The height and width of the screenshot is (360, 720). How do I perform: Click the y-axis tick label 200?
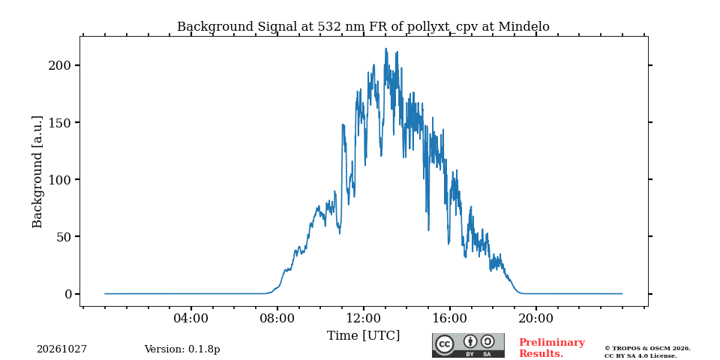(x=60, y=66)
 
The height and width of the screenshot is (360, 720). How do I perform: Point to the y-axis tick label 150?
(x=60, y=122)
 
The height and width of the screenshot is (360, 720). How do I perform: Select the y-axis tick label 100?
(x=60, y=179)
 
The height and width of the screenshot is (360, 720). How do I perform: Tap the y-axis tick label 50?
(x=64, y=237)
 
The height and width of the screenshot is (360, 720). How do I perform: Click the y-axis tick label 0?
(x=68, y=294)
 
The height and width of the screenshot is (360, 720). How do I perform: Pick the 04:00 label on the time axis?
(x=191, y=318)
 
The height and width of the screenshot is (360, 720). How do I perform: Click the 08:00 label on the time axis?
(x=277, y=318)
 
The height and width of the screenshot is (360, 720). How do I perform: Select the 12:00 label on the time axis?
(x=364, y=318)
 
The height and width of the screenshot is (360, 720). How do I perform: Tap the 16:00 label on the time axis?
(x=449, y=318)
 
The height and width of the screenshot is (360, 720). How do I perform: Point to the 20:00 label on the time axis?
(x=535, y=318)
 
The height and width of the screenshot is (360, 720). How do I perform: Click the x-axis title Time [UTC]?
(x=363, y=336)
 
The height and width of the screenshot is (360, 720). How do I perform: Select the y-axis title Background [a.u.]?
(x=37, y=172)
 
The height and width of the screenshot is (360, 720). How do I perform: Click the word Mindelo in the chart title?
(x=524, y=27)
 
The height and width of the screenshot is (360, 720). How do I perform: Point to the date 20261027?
(x=62, y=349)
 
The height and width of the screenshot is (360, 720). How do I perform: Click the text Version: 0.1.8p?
(x=182, y=349)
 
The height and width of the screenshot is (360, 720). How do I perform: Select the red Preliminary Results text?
(x=552, y=348)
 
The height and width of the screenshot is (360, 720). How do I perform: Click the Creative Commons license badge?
(x=468, y=345)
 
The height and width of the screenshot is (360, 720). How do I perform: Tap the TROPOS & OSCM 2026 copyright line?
(x=647, y=349)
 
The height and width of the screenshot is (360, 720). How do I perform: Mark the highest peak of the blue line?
(x=385, y=48)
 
